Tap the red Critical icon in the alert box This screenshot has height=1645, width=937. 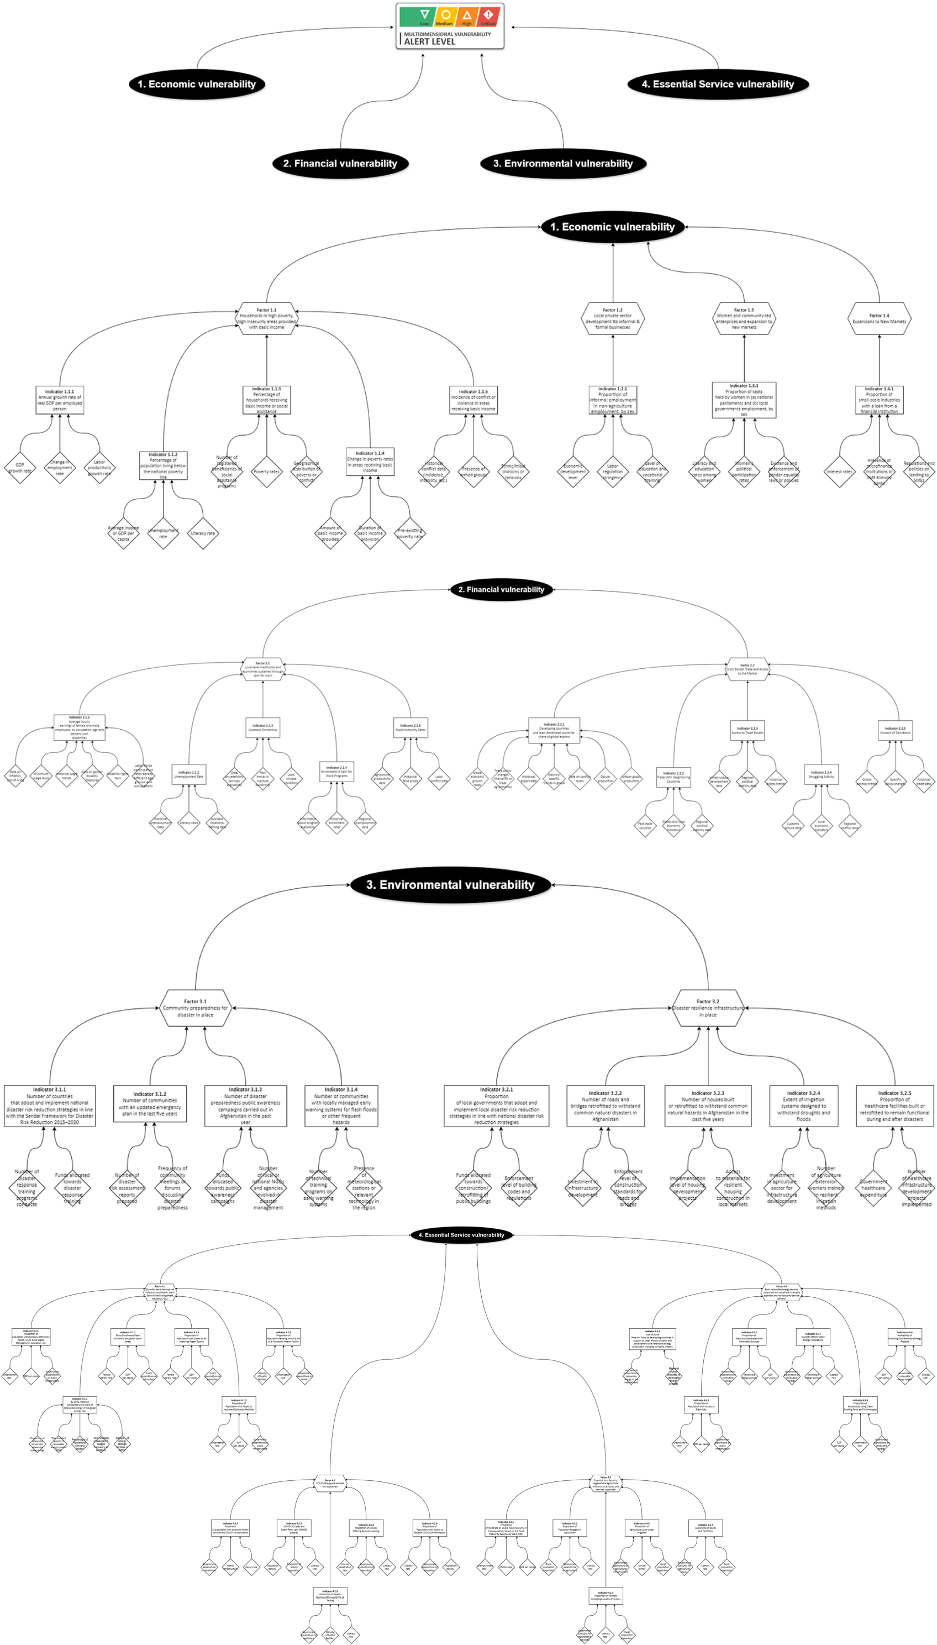coord(488,15)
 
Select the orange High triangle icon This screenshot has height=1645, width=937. coord(467,15)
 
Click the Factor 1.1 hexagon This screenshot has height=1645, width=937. coord(266,319)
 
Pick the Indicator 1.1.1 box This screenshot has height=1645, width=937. coord(60,400)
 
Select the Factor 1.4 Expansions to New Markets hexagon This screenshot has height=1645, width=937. coord(879,319)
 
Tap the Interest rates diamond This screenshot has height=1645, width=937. coord(839,472)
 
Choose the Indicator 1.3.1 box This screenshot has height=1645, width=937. coord(744,400)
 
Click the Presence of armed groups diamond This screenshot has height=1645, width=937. coord(473,472)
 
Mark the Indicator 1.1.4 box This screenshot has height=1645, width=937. coord(370,462)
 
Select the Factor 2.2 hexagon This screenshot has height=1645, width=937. coord(747,669)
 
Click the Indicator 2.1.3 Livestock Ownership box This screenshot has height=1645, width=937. coord(262,727)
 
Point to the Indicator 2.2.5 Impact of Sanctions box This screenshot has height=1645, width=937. coord(895,730)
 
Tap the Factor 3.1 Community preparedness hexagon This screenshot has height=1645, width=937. coord(195,1008)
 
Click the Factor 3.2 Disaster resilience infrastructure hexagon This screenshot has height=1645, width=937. coord(708,1008)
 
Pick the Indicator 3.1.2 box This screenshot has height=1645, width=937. coord(150,1103)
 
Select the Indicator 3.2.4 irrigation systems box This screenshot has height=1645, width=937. coord(804,1106)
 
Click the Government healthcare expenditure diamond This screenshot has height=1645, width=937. coord(873,1188)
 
